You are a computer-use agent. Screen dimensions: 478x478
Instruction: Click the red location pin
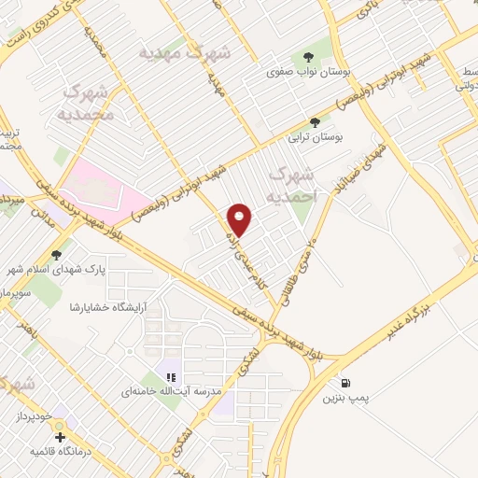coord(241,219)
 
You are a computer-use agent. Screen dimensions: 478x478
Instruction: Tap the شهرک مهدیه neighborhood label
coord(184,52)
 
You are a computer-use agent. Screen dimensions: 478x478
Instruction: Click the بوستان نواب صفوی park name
coord(298,71)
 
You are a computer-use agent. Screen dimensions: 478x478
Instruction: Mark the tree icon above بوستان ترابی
coord(316,121)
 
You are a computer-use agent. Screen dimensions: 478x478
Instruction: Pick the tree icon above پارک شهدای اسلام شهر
coord(57,252)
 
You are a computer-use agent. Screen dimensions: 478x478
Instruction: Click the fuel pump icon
coord(346,382)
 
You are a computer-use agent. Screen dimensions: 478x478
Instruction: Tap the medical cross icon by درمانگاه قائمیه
coord(61,436)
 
